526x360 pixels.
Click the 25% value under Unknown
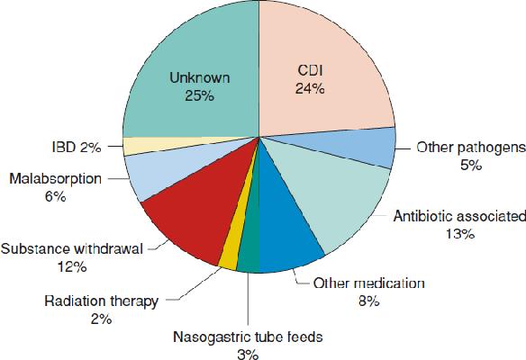click(199, 96)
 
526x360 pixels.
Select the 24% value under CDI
click(310, 89)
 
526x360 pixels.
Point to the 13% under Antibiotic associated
click(460, 234)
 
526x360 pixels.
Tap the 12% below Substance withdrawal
click(72, 267)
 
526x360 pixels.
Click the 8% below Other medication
click(368, 301)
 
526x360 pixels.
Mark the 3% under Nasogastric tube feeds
click(248, 355)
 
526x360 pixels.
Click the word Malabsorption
click(55, 179)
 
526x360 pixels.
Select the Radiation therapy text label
click(101, 301)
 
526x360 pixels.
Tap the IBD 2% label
click(77, 148)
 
